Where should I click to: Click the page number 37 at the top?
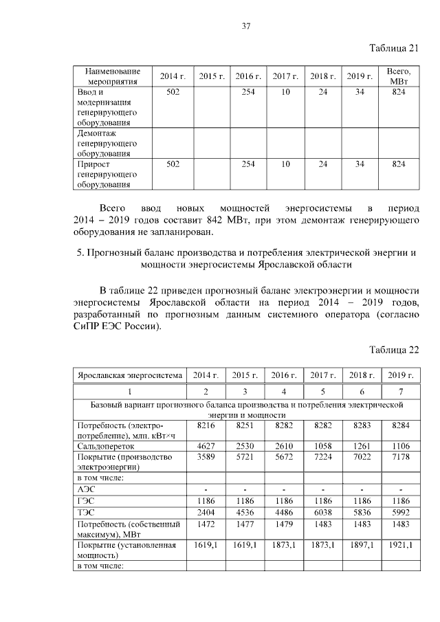(245, 27)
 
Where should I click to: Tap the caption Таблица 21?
(394, 47)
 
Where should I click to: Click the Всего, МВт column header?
(398, 76)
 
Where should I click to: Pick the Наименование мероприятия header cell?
(113, 76)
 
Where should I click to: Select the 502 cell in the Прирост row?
(173, 164)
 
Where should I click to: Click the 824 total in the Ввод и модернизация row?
(398, 92)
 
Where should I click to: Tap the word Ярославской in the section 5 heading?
(288, 265)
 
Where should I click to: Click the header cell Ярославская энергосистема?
(130, 375)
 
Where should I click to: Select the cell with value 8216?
(206, 426)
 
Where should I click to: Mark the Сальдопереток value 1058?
(322, 446)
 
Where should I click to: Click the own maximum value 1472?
(206, 523)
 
